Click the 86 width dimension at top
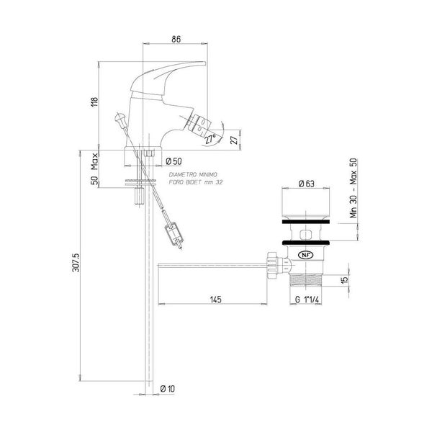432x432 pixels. tap(176, 39)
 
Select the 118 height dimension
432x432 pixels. tap(94, 102)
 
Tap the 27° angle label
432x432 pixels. tap(210, 139)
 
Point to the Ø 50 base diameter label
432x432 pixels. tap(174, 161)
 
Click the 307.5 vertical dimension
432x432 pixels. tap(76, 263)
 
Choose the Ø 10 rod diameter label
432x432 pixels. tap(168, 389)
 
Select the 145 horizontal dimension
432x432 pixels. tap(216, 300)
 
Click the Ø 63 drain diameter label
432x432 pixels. tap(306, 184)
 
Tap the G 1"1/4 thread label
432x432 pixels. tap(307, 300)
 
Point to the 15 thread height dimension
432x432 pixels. tap(345, 280)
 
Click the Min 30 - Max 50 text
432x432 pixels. tap(354, 188)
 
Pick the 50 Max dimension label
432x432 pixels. tap(94, 169)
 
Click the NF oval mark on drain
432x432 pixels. tap(305, 255)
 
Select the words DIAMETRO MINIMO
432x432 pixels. tap(193, 175)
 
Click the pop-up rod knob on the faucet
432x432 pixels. tap(120, 118)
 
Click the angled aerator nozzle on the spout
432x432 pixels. tap(199, 125)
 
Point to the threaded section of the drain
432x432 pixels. tap(305, 281)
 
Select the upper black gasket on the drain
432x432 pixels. tap(306, 222)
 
